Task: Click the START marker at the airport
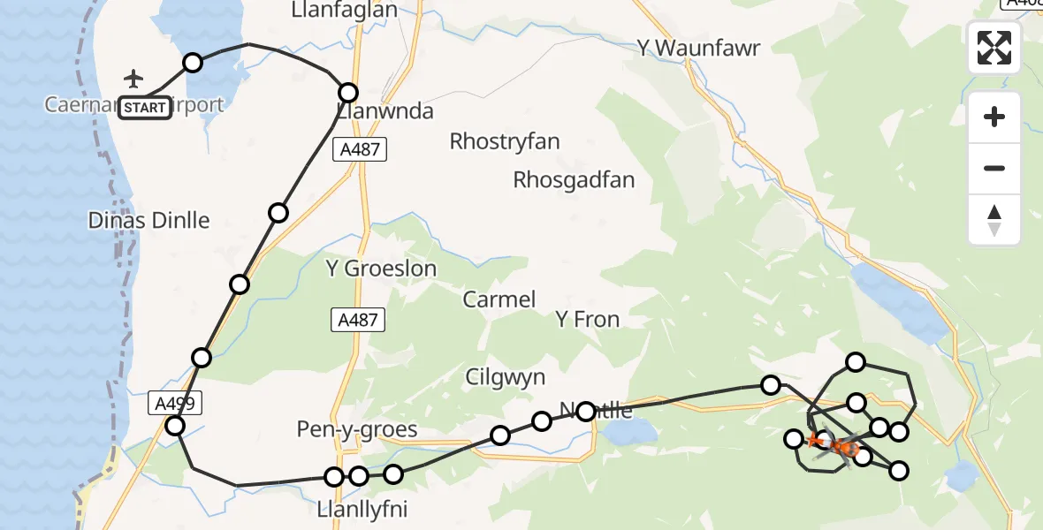coord(145,108)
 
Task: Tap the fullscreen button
coord(994,48)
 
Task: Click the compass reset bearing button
coord(994,220)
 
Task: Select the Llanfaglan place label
coord(344,10)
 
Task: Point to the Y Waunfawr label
coord(698,49)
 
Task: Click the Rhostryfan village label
coord(505,141)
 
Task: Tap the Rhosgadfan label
coord(575,180)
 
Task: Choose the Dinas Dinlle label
coord(149,220)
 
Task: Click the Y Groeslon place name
coord(382,269)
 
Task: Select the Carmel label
coord(499,299)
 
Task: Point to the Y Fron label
coord(587,319)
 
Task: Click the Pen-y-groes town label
coord(358,430)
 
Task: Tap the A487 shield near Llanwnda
coord(361,149)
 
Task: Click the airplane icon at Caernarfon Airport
coord(133,79)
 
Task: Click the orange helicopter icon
coord(843,447)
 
